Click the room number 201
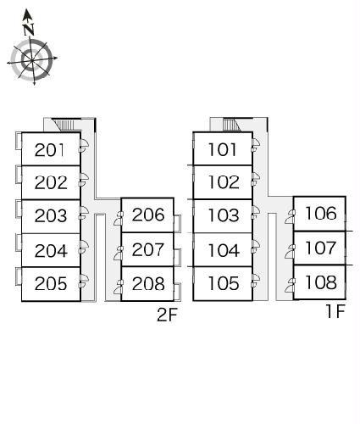(x=49, y=150)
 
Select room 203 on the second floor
(x=51, y=215)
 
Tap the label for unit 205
(x=51, y=283)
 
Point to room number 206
(x=148, y=215)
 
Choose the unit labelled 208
(x=148, y=283)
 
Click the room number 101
(x=222, y=149)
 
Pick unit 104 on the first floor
(x=224, y=250)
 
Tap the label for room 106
(x=321, y=213)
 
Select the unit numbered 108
(x=321, y=282)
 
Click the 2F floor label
(x=167, y=315)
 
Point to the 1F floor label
(x=335, y=311)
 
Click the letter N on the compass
(x=29, y=30)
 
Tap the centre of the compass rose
(x=31, y=60)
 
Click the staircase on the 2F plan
(x=65, y=125)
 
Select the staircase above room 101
(x=232, y=125)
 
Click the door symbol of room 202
(x=84, y=180)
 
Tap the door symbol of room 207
(x=119, y=253)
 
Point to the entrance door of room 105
(x=255, y=281)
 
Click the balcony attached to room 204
(x=19, y=243)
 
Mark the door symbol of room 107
(x=290, y=251)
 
